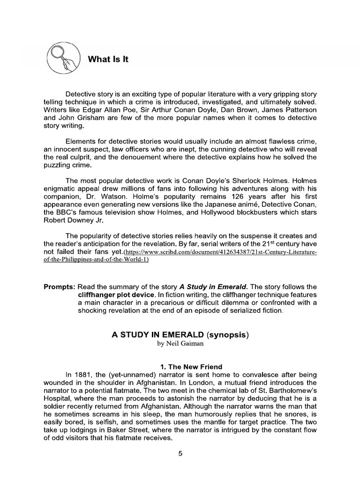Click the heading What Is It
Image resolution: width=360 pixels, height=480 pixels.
coord(108,59)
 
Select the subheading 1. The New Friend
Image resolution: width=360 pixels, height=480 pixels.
coord(180,366)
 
